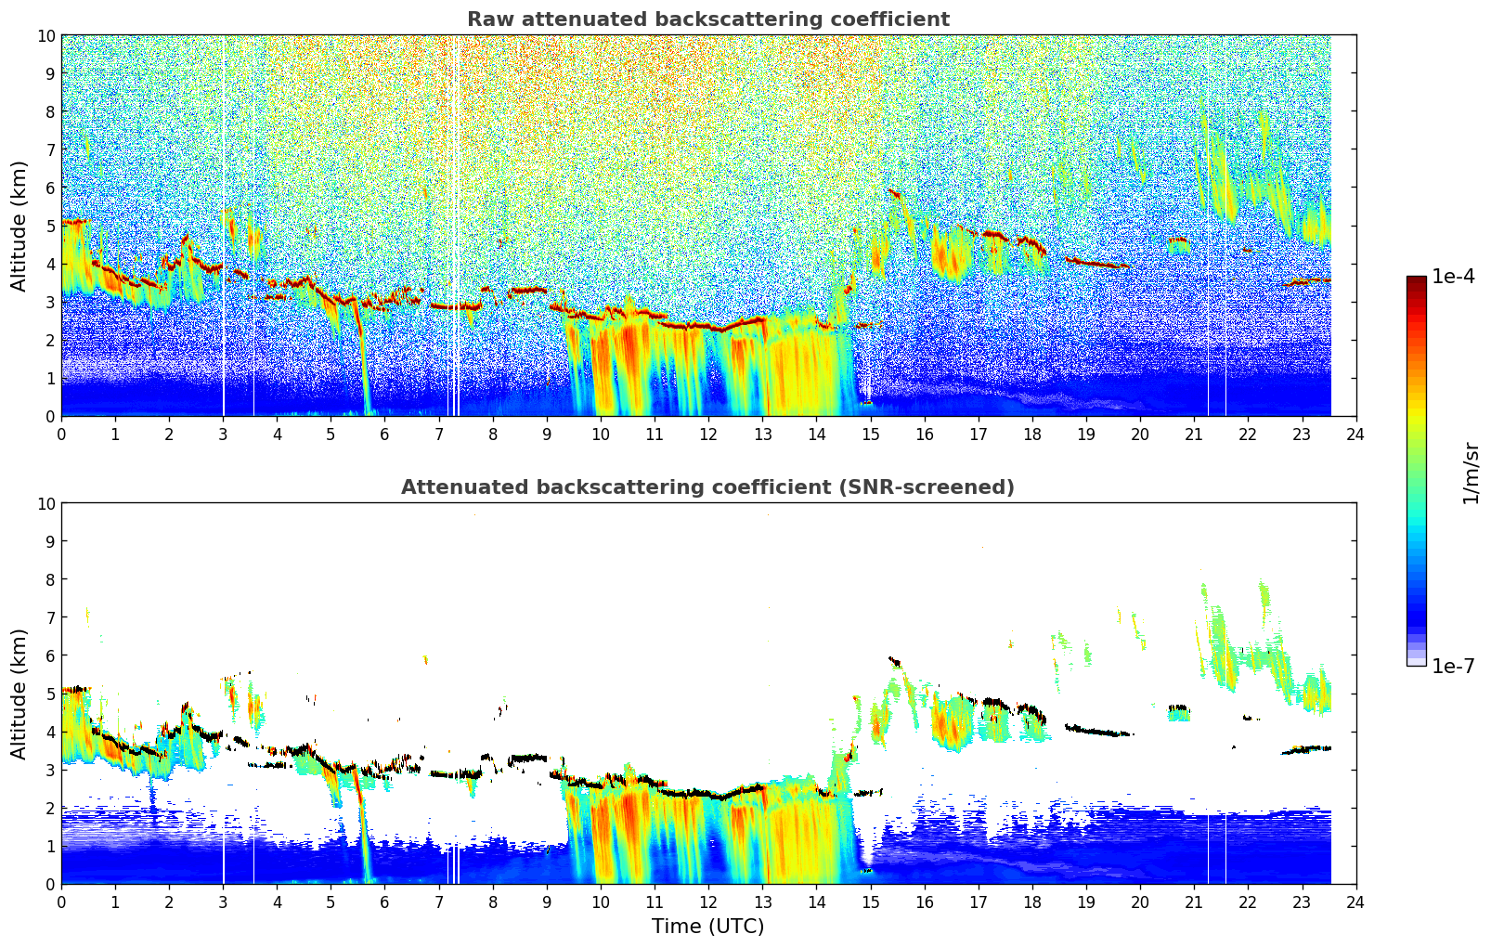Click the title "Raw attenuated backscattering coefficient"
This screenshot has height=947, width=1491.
point(708,19)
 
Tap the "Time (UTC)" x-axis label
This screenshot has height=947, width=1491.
point(708,927)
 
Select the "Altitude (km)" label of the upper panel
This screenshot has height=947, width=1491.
point(19,227)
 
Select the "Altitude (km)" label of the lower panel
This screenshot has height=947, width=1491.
point(19,694)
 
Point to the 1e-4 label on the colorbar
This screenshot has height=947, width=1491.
point(1453,276)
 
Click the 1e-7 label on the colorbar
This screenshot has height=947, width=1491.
point(1453,667)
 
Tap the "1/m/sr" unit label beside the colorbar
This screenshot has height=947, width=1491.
point(1471,473)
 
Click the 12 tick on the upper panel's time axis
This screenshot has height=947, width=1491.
point(708,435)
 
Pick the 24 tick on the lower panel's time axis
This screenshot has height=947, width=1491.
point(1355,902)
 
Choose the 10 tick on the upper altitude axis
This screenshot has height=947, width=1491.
point(45,36)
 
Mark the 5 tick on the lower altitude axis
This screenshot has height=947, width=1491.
point(50,694)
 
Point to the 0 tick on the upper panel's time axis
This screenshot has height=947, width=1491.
point(62,435)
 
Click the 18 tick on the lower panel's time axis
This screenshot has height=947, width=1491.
point(1032,902)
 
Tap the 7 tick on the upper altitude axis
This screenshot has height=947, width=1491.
point(50,149)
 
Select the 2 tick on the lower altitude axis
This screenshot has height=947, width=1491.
point(50,808)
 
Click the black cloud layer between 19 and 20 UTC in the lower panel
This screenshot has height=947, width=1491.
point(1098,731)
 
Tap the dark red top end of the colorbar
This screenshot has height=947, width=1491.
point(1417,279)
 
